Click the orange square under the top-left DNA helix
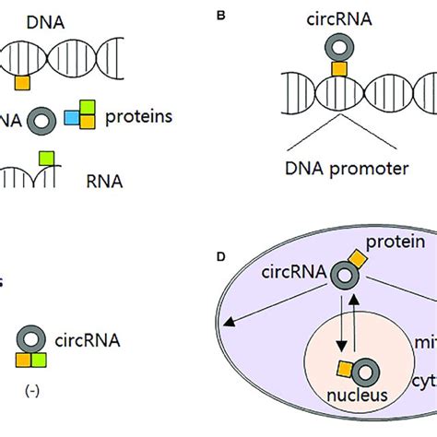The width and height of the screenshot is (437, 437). (x=23, y=82)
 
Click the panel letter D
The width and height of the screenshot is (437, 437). (x=219, y=254)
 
